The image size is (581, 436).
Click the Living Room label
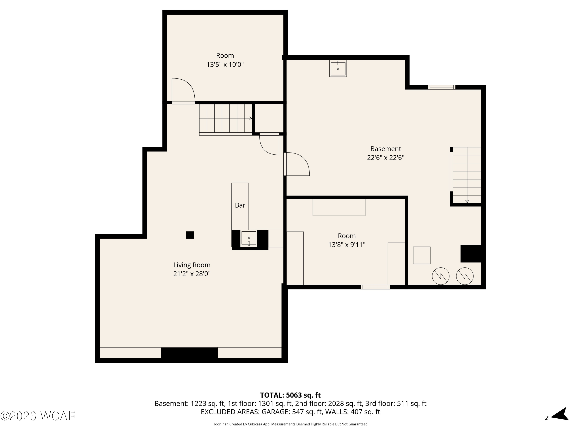point(192,265)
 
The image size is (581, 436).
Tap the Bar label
point(240,205)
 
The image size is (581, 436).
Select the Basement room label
point(386,149)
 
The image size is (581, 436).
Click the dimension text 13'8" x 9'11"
point(347,245)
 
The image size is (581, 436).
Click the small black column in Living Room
point(190,235)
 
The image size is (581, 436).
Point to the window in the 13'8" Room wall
point(375,287)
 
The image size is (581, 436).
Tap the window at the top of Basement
point(442,87)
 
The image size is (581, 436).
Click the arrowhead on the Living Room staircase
point(251,119)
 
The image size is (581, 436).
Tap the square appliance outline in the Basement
point(422,255)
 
